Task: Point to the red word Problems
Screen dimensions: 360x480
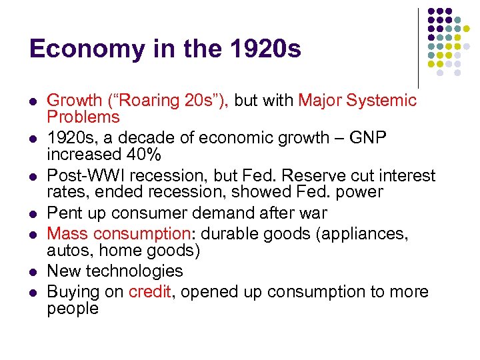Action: [x=83, y=117]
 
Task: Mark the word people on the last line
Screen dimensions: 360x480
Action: [x=72, y=309]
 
